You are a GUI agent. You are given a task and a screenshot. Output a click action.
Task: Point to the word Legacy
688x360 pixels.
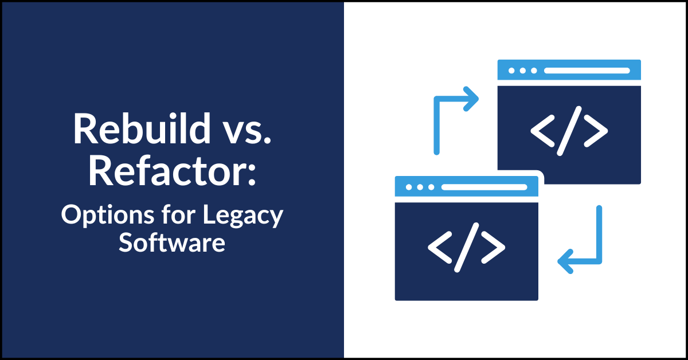coord(245,216)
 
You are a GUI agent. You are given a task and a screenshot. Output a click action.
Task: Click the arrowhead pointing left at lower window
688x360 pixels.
coord(565,262)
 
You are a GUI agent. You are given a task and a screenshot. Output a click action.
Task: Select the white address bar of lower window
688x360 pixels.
coord(484,187)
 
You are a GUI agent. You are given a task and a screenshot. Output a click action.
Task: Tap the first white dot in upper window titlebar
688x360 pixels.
coord(511,71)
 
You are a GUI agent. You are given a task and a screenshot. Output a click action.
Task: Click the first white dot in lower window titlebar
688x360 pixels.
coord(408,187)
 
